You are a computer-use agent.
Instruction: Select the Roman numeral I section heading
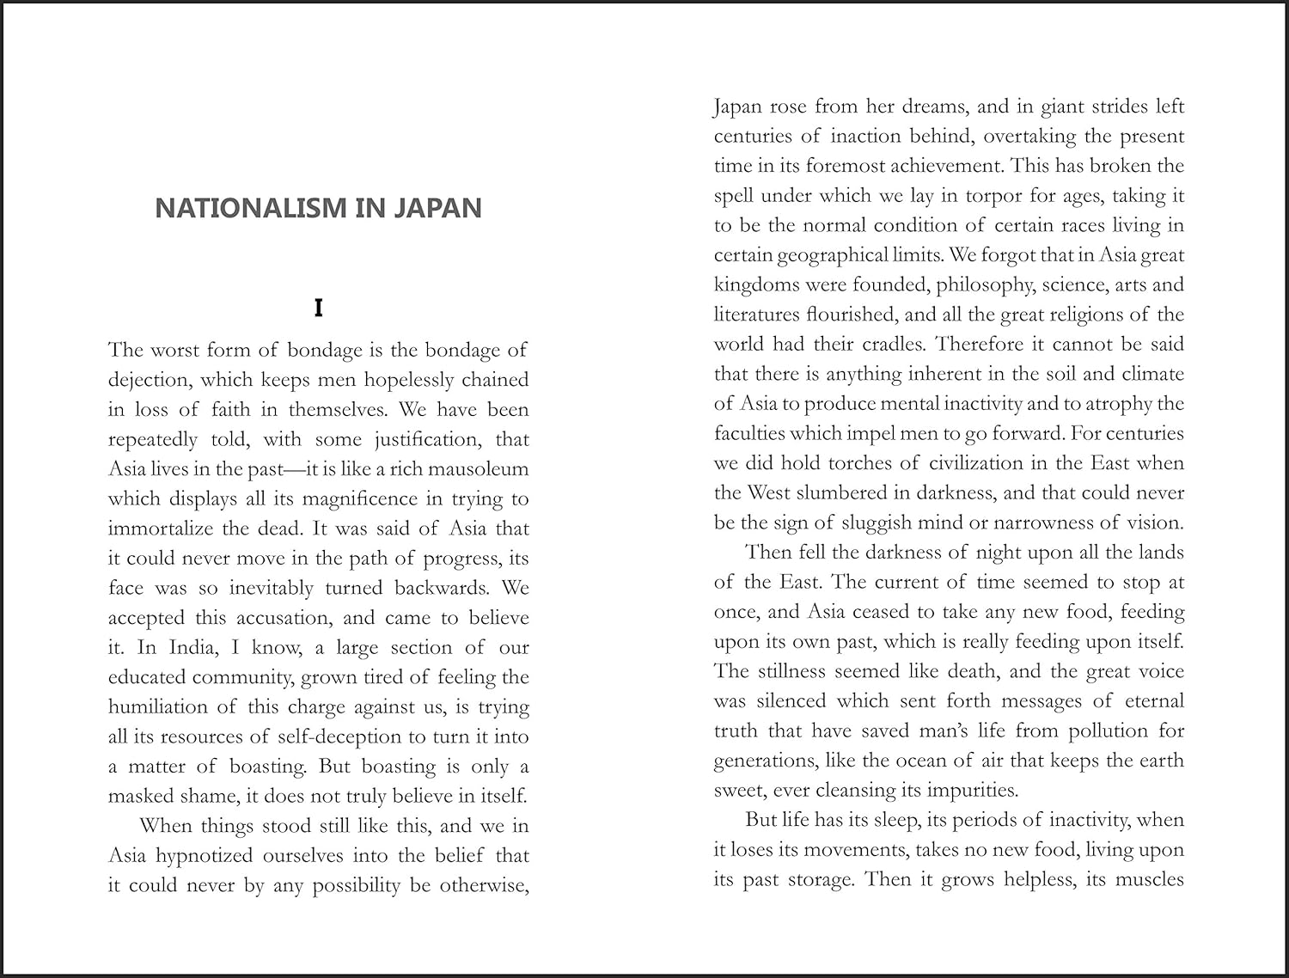[x=318, y=308]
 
